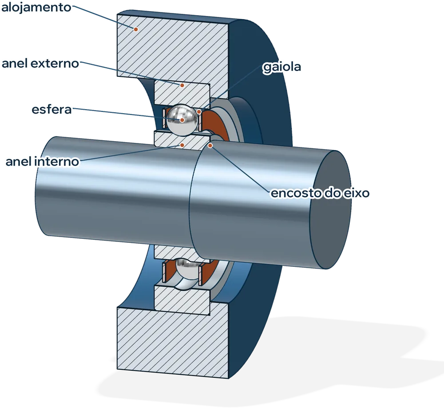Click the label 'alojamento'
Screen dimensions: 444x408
click(36, 8)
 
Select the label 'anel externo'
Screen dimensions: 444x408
click(40, 63)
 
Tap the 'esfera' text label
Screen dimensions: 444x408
click(52, 110)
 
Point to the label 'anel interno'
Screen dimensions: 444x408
click(42, 162)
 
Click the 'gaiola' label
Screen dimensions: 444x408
click(281, 67)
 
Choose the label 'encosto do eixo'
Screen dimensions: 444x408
click(320, 193)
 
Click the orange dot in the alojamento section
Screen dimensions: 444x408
click(136, 29)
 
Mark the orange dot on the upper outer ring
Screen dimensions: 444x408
click(182, 85)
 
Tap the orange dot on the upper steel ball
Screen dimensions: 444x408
click(182, 120)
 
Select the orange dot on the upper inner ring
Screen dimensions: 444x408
click(182, 145)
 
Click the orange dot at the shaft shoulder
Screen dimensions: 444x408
click(210, 146)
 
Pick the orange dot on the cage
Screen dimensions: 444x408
click(199, 112)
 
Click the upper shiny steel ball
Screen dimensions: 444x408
click(182, 119)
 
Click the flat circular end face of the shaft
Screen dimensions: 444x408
click(330, 210)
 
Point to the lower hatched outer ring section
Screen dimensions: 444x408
click(182, 300)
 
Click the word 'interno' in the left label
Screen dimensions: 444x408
click(57, 162)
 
